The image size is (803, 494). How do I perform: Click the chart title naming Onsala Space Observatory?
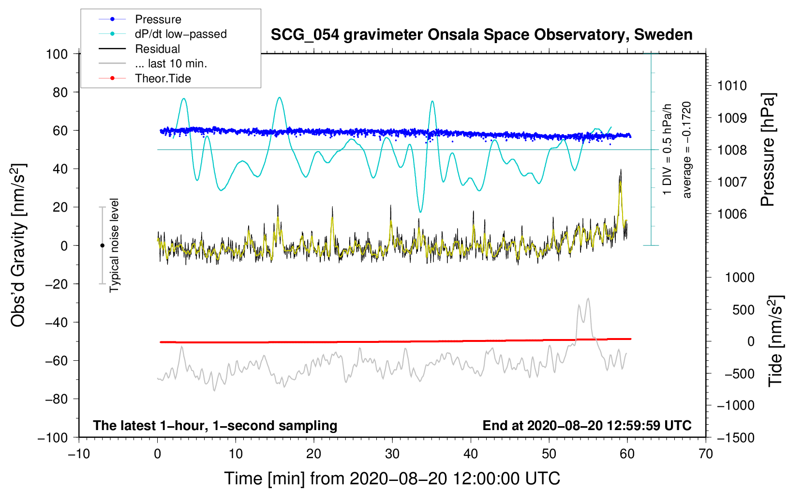pos(481,35)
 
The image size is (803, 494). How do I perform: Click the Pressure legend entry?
pos(158,19)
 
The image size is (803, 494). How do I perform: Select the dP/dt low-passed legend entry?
pos(180,34)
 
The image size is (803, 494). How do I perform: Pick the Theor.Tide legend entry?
pos(163,78)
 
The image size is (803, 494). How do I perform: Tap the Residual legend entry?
pos(157,49)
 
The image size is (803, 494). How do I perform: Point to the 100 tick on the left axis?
pos(57,54)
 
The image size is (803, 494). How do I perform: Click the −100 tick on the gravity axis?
pos(53,437)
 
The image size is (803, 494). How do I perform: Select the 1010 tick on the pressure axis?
pos(731,86)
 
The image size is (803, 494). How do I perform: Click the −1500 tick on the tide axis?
pos(735,437)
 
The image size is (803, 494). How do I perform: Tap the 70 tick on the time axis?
pos(706,454)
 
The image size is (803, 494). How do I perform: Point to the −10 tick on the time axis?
pos(79,454)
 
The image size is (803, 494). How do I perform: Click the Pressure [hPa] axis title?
pos(768,150)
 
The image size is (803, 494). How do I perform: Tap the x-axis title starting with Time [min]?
pos(392,479)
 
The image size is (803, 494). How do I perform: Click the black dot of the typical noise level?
pos(102,246)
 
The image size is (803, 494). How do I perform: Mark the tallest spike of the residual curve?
pos(621,170)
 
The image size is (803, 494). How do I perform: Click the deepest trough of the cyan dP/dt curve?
pos(420,212)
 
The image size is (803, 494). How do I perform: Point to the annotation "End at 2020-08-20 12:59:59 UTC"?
pos(587,425)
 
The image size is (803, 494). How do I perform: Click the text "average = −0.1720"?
pos(687,150)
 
